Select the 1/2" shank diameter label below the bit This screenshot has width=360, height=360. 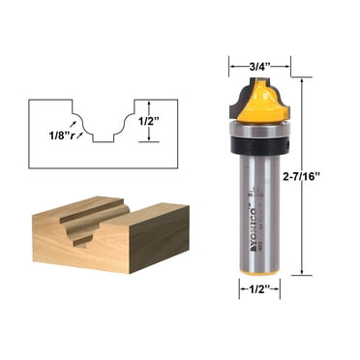[x=260, y=287]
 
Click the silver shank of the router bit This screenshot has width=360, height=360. [x=262, y=213]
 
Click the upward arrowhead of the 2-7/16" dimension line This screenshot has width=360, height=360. [x=304, y=84]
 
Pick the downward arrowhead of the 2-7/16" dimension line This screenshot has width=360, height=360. [x=304, y=272]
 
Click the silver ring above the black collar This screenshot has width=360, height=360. [x=262, y=128]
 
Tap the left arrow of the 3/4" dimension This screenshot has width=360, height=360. [x=233, y=67]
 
